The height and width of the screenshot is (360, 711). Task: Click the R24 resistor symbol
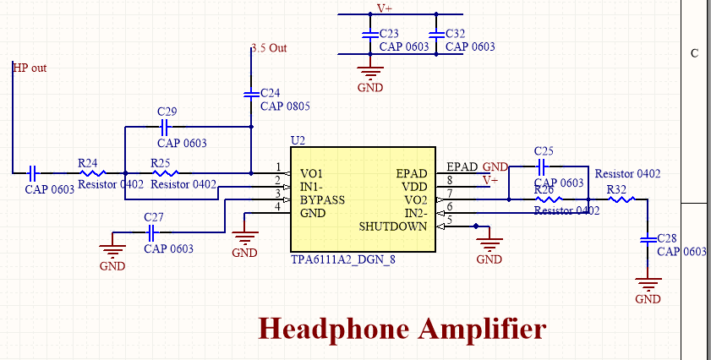click(x=93, y=172)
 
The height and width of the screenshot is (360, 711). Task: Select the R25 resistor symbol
click(x=166, y=172)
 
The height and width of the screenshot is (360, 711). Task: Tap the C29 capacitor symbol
click(x=165, y=127)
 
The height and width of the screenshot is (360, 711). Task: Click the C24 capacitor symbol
click(x=251, y=95)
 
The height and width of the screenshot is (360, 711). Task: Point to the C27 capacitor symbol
click(x=151, y=233)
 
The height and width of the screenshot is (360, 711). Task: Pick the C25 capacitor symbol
click(x=542, y=166)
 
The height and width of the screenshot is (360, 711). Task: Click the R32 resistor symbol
click(x=621, y=199)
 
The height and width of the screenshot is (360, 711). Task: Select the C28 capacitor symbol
click(x=648, y=239)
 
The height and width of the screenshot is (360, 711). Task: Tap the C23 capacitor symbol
click(x=370, y=34)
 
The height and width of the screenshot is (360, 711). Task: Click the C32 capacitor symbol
click(x=436, y=34)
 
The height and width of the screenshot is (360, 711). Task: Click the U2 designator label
click(x=298, y=140)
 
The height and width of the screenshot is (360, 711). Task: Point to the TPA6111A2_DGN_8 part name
click(x=342, y=259)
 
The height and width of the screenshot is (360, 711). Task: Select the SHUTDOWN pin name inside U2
click(x=392, y=226)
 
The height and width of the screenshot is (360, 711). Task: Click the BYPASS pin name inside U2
click(x=322, y=200)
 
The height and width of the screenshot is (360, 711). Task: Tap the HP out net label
click(x=30, y=68)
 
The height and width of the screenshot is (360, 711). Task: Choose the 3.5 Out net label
click(x=270, y=48)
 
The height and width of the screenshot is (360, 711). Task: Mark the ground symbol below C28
click(x=648, y=285)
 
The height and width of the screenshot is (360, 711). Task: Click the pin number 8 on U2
click(x=450, y=181)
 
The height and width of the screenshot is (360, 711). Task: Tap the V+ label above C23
click(x=385, y=8)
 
